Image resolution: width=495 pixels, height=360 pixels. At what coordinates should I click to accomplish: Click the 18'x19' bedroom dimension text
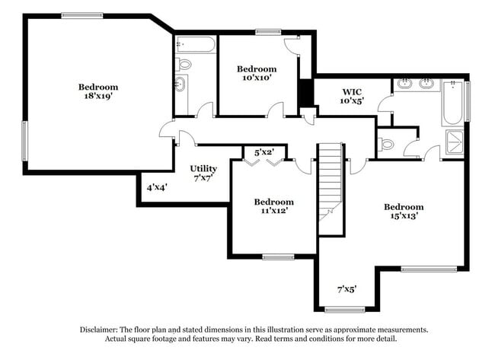coord(98,97)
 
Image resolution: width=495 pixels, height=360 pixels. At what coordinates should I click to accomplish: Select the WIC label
coord(350,91)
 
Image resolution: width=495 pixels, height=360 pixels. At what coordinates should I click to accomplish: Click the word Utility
coord(203,168)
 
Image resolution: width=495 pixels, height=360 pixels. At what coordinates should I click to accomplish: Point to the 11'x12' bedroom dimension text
coord(273,212)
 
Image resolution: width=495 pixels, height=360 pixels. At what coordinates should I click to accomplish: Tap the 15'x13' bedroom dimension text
coord(403,217)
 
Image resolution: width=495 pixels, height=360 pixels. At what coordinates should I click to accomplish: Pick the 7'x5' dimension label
coord(346,289)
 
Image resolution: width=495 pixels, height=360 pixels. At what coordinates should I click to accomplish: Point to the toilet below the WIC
coord(385,142)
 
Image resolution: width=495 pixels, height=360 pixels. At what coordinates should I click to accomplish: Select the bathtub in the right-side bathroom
coord(452,104)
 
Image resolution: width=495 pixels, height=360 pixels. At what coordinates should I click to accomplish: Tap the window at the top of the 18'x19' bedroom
coord(82,15)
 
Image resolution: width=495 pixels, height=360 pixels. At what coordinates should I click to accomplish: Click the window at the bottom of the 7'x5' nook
coord(344,309)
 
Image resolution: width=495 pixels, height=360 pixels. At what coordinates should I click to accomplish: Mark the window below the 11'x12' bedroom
coord(278,256)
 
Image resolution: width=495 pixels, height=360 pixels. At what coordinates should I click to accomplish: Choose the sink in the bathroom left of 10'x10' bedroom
coord(181,83)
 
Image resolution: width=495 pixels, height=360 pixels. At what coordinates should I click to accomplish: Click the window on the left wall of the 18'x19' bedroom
coord(25,142)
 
